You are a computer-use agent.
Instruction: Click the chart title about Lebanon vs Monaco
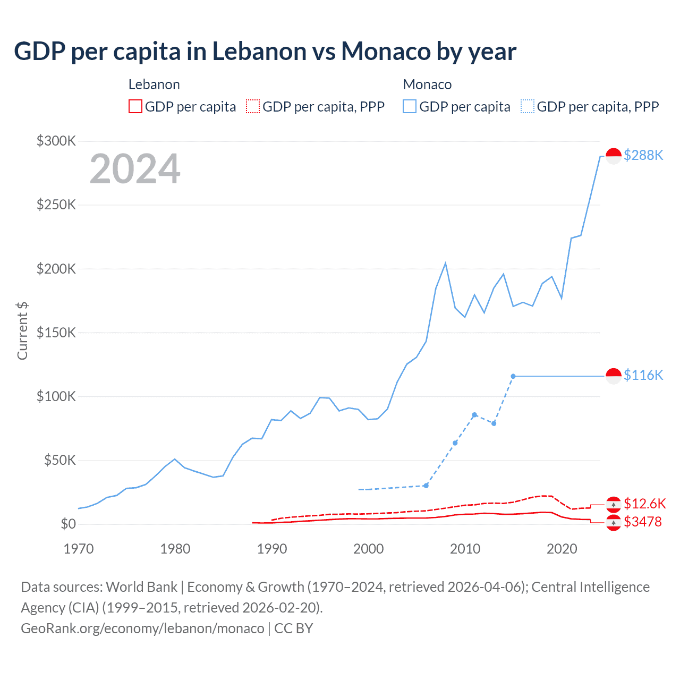click(x=265, y=52)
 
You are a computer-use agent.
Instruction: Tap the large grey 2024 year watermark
click(x=135, y=169)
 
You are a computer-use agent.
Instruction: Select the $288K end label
click(x=643, y=155)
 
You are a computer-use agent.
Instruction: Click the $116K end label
click(x=643, y=375)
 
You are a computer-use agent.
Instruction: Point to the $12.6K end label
click(x=644, y=504)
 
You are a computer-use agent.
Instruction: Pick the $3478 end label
click(x=643, y=522)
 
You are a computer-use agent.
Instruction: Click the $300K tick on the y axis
click(x=56, y=141)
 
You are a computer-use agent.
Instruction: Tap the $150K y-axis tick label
click(x=56, y=333)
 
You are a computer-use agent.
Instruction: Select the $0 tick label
click(x=68, y=524)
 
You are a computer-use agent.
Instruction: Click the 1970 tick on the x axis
click(x=79, y=549)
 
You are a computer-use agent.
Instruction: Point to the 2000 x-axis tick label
click(x=368, y=549)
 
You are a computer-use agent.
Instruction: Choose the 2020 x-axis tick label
click(x=562, y=549)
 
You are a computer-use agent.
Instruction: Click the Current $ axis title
click(x=22, y=330)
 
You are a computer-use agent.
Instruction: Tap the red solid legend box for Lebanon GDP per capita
click(x=135, y=107)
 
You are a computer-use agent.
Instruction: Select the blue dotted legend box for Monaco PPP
click(x=528, y=107)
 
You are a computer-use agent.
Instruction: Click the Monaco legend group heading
click(x=427, y=84)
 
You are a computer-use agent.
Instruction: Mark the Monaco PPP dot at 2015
click(x=513, y=376)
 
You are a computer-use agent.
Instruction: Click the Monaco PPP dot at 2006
click(x=426, y=486)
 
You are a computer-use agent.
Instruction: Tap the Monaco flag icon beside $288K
click(x=614, y=156)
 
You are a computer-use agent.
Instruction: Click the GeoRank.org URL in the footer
click(x=142, y=628)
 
